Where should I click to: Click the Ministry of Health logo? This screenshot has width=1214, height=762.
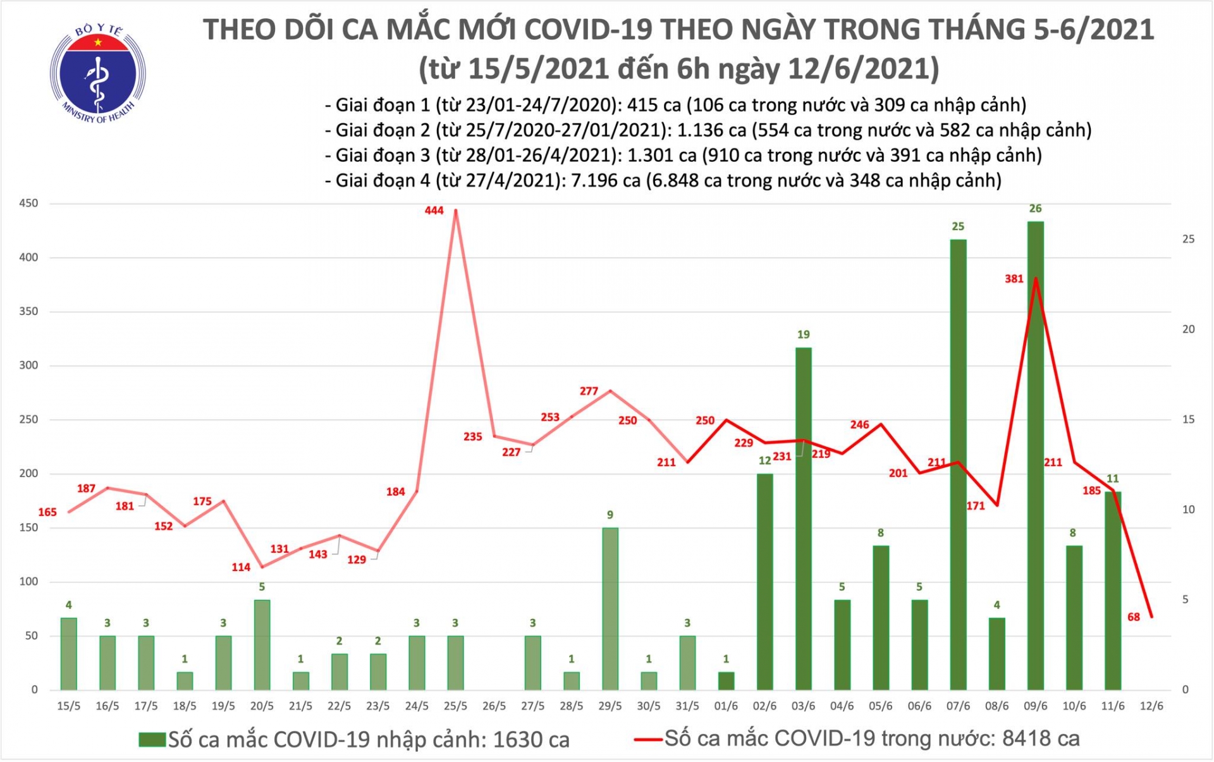(98, 73)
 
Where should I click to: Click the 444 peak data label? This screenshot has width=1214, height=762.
(434, 211)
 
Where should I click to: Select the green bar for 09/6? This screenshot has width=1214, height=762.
(1035, 455)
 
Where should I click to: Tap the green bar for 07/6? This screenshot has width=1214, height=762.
(958, 465)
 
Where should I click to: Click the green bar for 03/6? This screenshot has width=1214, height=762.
(803, 519)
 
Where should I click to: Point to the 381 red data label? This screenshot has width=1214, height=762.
(1014, 279)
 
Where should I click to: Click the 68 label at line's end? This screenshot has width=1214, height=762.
(1133, 617)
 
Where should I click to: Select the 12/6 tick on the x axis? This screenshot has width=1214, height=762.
(1151, 706)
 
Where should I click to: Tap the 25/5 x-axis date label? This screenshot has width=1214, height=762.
(455, 706)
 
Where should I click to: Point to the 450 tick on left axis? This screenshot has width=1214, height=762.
(28, 204)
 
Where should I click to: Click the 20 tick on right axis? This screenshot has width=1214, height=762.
(1189, 329)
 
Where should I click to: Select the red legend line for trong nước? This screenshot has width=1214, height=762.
(648, 739)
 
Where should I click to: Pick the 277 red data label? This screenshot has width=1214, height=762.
(589, 391)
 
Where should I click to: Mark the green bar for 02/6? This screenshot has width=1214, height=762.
(764, 582)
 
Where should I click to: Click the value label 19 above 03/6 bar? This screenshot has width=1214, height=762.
(803, 335)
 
